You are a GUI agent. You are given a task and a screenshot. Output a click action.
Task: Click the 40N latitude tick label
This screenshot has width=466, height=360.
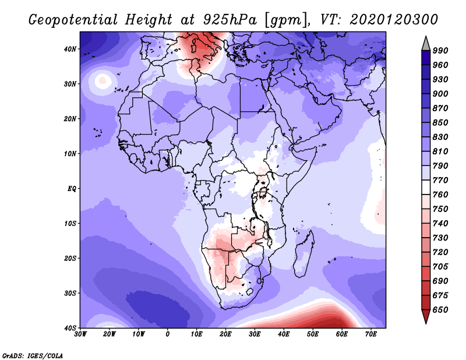click(70, 49)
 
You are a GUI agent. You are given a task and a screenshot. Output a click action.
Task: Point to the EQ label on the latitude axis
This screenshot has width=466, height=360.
click(72, 189)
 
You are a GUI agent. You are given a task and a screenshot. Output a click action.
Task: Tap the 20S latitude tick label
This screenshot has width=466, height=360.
click(70, 258)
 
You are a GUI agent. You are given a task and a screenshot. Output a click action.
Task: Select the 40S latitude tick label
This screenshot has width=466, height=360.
click(70, 328)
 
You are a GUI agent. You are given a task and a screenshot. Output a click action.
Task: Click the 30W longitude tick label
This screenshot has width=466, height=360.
click(80, 334)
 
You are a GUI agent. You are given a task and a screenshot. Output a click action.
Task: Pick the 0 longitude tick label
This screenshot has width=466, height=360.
click(168, 334)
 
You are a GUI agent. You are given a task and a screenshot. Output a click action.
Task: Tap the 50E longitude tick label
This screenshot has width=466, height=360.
click(313, 334)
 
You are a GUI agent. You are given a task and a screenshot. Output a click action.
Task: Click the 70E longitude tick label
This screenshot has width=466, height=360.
click(371, 334)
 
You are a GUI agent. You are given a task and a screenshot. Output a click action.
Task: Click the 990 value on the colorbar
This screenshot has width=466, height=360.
click(440, 51)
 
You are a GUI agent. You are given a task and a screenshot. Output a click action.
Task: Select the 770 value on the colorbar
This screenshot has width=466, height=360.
click(440, 181)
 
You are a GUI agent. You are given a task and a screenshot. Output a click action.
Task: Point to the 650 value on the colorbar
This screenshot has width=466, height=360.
click(440, 310)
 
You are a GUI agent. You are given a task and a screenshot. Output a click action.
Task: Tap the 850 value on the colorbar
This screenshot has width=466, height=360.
click(440, 123)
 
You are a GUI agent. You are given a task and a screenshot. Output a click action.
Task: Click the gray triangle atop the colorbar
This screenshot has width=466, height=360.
click(426, 45)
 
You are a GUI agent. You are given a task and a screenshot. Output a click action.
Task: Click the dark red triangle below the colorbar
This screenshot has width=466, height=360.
click(426, 315)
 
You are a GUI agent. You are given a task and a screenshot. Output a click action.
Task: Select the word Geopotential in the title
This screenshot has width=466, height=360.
click(73, 20)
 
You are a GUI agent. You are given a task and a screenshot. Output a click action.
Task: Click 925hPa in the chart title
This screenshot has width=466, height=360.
click(230, 20)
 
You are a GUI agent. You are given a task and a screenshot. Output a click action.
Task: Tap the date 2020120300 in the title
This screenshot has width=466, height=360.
click(394, 20)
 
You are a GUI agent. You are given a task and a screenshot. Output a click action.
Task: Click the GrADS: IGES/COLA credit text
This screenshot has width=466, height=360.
click(33, 356)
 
